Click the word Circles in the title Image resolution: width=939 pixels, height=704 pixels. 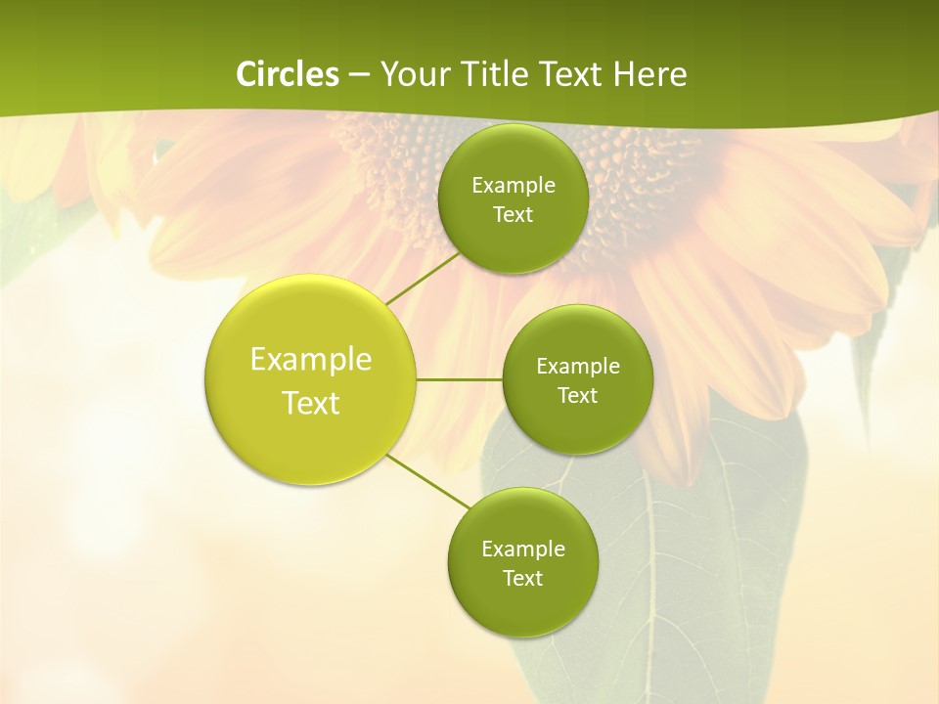click(x=288, y=74)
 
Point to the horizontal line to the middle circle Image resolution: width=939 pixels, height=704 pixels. click(x=459, y=379)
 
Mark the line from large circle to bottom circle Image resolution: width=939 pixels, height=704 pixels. click(x=427, y=481)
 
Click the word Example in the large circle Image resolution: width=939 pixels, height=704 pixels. click(x=311, y=360)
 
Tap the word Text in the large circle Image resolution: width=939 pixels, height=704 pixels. click(x=311, y=403)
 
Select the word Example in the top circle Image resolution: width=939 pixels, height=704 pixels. click(x=514, y=186)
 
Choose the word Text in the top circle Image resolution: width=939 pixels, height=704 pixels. click(x=513, y=214)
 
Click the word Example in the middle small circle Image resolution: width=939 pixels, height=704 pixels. click(x=578, y=367)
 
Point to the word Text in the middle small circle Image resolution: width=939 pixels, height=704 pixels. click(x=577, y=395)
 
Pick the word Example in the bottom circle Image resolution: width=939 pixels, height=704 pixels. click(x=523, y=550)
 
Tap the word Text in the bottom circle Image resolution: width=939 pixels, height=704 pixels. click(x=522, y=578)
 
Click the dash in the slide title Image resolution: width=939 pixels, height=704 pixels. click(x=359, y=75)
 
